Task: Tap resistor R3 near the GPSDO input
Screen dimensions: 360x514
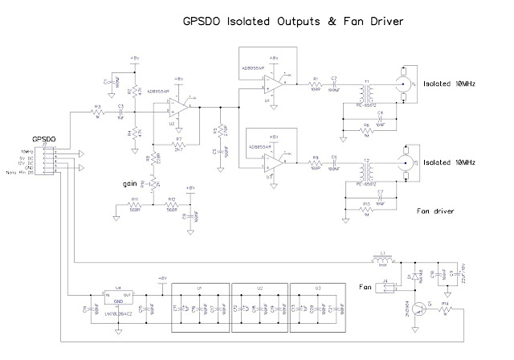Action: click(98, 113)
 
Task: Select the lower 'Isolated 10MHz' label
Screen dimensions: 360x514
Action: click(454, 162)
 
